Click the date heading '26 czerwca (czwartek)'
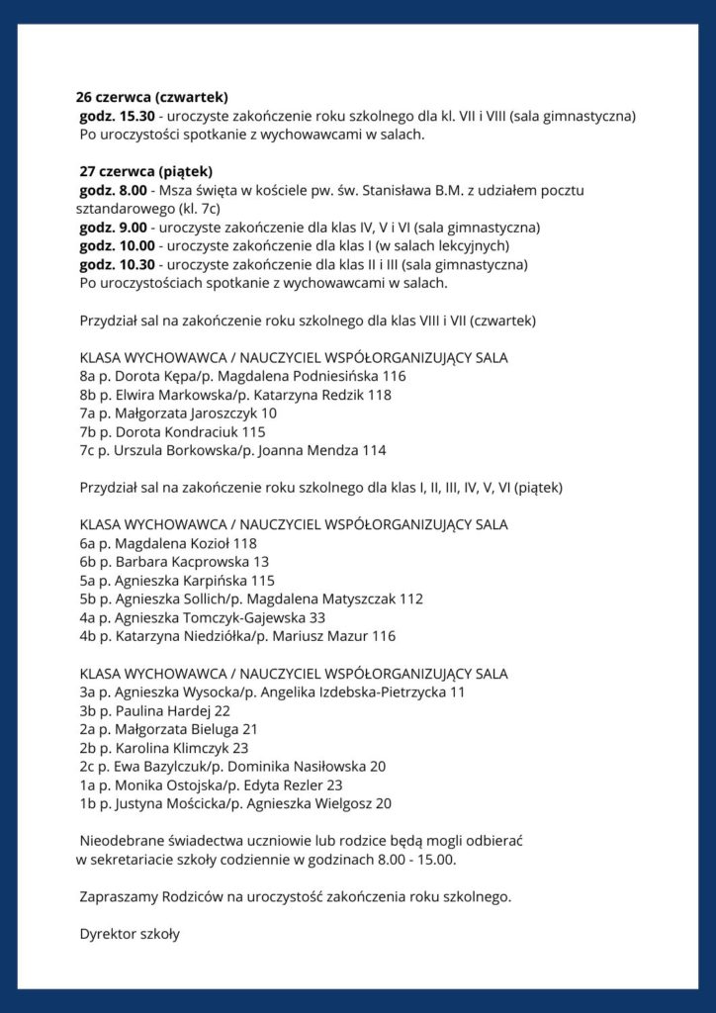[152, 97]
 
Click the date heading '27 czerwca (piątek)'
[145, 171]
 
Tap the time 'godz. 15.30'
[114, 116]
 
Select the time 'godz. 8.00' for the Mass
[110, 190]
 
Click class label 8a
[86, 376]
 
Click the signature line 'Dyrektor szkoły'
[130, 933]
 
